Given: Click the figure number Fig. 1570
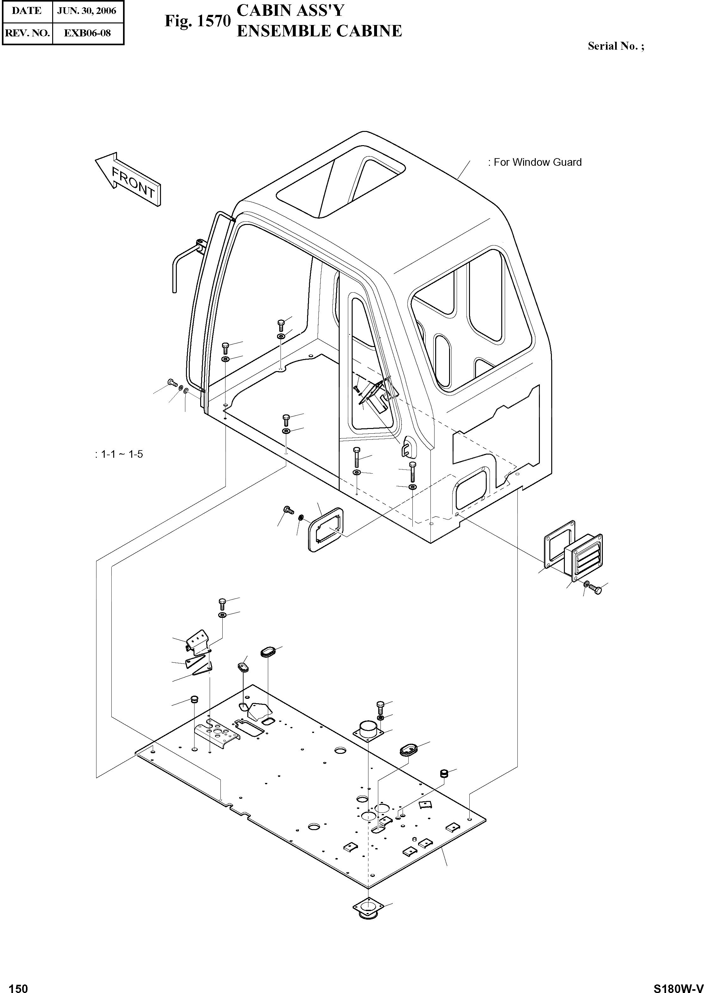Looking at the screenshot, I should coord(197,21).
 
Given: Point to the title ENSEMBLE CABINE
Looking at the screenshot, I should coord(319,31).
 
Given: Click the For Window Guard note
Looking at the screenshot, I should coord(534,162).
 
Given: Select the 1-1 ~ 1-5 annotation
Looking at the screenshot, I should coord(119,455).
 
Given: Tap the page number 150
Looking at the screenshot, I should coord(18,984).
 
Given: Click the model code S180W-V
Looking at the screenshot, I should coord(678,985).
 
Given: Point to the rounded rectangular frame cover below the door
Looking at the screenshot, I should coord(326,530).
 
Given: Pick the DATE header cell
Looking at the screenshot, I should coord(27,11).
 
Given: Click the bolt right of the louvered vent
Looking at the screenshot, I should coord(596,590).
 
